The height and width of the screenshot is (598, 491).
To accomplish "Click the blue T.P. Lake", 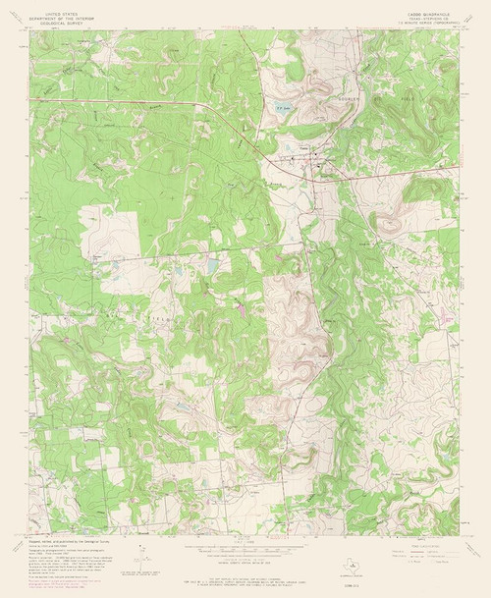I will coord(282,109).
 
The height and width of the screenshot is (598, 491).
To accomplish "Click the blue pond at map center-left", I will coord(211,265).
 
